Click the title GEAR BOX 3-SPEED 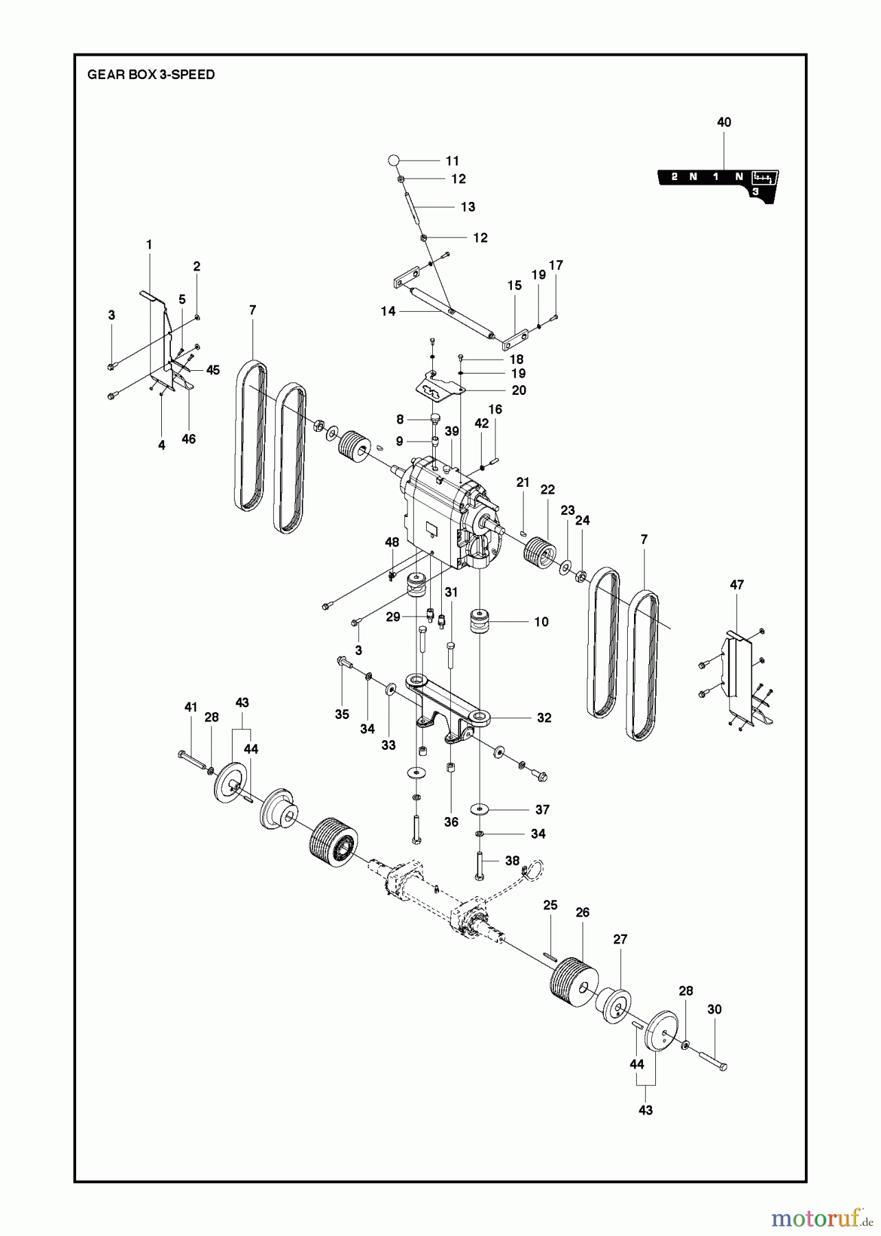151,74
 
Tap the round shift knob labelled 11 393,160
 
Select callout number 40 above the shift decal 724,122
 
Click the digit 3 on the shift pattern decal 755,192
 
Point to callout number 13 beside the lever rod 468,207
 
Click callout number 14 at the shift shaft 388,311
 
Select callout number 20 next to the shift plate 519,390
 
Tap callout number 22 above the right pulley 548,490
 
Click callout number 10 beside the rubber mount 541,621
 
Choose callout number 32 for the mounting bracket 544,718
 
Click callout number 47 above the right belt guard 737,585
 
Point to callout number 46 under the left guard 188,439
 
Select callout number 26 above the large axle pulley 583,913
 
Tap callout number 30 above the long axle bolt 714,1009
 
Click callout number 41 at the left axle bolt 191,707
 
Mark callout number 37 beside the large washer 542,810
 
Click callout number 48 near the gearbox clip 392,542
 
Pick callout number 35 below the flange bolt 342,715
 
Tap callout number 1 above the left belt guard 149,244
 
